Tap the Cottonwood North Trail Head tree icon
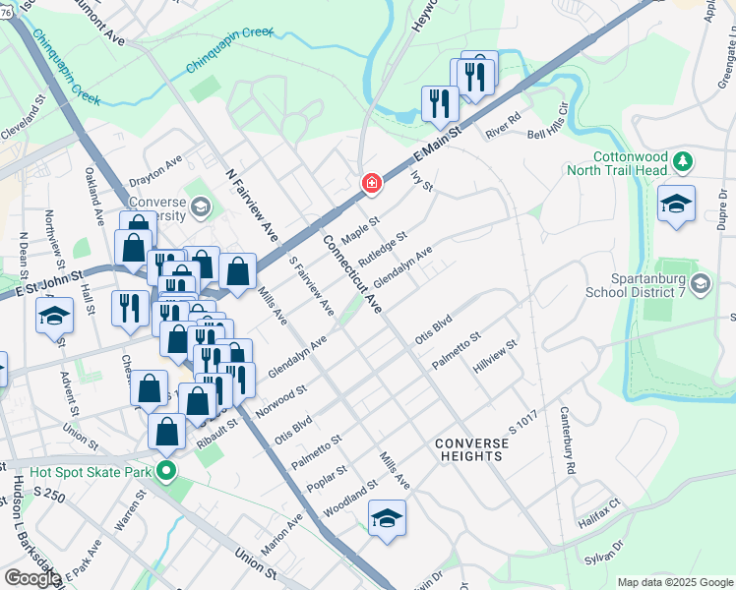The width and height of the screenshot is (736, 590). (686, 160)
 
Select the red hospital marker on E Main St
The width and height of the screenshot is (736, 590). (371, 182)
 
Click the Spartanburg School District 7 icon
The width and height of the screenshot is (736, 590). (700, 285)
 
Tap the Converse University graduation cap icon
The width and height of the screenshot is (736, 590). (201, 206)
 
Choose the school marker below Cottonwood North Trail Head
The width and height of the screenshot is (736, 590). (676, 204)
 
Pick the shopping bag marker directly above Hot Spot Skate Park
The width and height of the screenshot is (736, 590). (166, 430)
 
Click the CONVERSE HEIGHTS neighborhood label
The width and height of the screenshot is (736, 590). (472, 450)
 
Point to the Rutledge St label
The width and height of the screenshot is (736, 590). (383, 249)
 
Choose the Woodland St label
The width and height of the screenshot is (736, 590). (351, 501)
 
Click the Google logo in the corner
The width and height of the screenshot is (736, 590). (32, 577)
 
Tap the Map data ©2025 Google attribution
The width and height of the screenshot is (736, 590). (674, 582)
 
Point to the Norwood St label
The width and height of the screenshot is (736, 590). (282, 401)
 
